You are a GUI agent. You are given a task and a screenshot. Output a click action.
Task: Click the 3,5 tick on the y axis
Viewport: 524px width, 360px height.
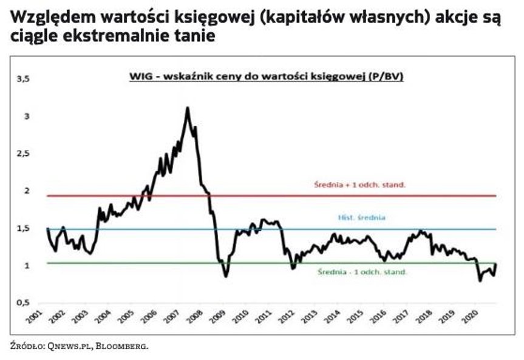coord(24,79)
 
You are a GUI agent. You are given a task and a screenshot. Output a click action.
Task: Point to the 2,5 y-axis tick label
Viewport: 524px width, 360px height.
coord(24,154)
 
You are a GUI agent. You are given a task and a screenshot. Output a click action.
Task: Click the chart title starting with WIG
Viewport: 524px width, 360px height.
coord(267,78)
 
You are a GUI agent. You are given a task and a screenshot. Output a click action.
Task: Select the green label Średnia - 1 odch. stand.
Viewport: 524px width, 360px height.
coord(362,272)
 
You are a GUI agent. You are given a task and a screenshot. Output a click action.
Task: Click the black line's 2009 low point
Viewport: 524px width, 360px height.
coord(226,276)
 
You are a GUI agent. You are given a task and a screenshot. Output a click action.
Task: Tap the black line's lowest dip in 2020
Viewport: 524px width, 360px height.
coord(480,280)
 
